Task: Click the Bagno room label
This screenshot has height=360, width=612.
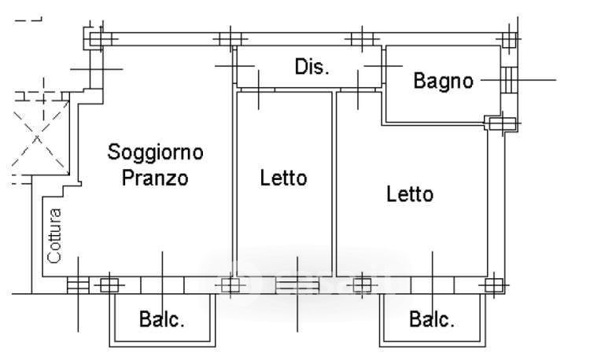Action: click(444, 80)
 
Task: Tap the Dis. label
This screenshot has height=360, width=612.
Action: click(312, 67)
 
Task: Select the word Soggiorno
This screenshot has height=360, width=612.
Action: click(156, 151)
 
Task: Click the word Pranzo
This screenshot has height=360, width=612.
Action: click(155, 178)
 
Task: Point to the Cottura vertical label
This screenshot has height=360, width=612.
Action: click(53, 233)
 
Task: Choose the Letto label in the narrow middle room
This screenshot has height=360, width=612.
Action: click(283, 178)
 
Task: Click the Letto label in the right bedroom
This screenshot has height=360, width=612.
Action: click(409, 193)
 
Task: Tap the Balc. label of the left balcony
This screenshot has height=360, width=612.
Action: click(162, 320)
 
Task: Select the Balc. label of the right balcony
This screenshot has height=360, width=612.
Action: click(432, 320)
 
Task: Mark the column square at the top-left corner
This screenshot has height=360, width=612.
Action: click(98, 38)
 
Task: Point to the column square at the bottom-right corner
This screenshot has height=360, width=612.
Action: click(493, 285)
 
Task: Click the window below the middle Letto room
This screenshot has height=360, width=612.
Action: click(297, 285)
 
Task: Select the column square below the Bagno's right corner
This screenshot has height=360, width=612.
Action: click(496, 123)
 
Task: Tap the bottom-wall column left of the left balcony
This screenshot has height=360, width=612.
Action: click(109, 285)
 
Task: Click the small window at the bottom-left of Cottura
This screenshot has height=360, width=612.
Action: click(78, 285)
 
